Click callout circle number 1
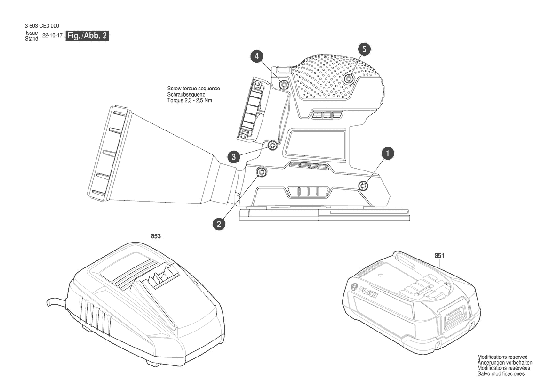pos(387,154)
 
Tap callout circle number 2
pos(219,224)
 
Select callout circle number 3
pos(234,156)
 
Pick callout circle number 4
pos(257,56)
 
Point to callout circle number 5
pos(364,49)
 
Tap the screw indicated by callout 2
pos(262,172)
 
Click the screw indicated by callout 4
pos(284,84)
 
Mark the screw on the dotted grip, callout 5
pos(348,79)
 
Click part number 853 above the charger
pos(156,236)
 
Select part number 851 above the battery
pos(439,256)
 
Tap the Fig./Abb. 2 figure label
pos(88,35)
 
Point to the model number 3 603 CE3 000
pos(42,25)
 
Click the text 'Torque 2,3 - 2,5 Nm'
pos(190,100)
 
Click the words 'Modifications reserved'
pos(502,357)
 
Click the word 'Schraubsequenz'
pos(186,95)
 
